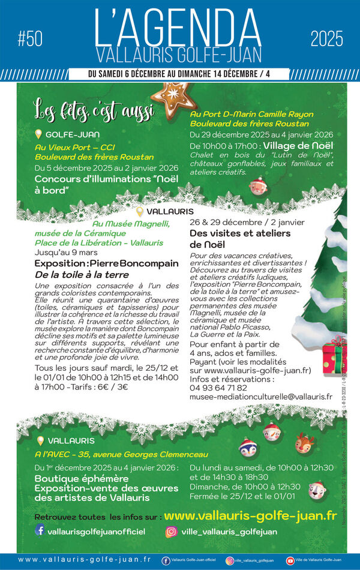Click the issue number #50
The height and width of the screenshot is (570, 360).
click(x=30, y=40)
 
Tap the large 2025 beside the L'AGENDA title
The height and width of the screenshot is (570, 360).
click(x=327, y=40)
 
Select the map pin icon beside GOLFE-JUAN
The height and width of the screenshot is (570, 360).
click(x=39, y=134)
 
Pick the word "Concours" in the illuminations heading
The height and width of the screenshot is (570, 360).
click(x=59, y=179)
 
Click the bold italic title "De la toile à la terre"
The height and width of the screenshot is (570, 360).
click(x=82, y=274)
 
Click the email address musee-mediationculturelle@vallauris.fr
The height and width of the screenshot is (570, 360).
click(x=260, y=397)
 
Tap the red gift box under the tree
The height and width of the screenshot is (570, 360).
click(x=334, y=358)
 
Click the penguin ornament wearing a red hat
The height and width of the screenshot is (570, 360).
click(x=247, y=448)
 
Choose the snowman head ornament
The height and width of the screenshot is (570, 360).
click(x=272, y=431)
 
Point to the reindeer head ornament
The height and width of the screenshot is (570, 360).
click(x=304, y=444)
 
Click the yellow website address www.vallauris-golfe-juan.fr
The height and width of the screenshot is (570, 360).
click(x=250, y=515)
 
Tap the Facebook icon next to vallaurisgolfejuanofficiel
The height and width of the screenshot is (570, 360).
click(x=40, y=530)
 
